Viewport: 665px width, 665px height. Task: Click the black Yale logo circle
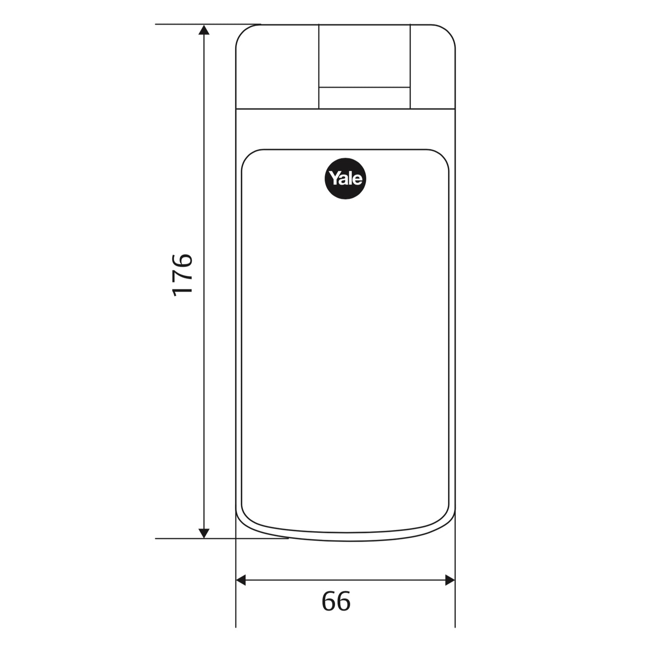point(346,179)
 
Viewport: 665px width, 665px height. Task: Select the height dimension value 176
point(182,275)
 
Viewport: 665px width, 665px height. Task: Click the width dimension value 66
point(336,601)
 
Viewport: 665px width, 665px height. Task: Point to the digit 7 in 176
point(182,275)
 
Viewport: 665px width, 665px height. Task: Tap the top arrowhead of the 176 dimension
point(203,30)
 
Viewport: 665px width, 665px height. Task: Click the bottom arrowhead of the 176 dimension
point(203,533)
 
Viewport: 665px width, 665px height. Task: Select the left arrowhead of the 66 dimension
point(241,580)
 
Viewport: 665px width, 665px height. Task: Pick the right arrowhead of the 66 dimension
point(450,580)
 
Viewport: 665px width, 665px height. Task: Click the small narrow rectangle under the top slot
point(364,98)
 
